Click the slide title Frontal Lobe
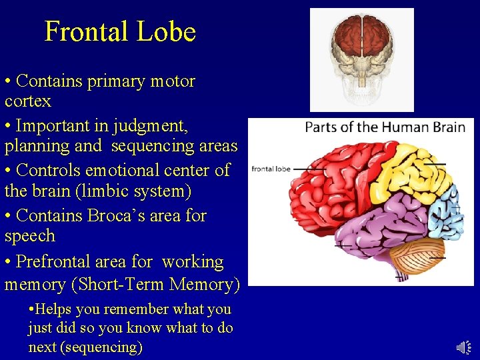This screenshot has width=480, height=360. coord(120,32)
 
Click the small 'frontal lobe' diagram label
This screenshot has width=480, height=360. coord(271,169)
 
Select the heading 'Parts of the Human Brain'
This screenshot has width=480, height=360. coord(385,127)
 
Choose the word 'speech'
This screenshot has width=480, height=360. coord(30,236)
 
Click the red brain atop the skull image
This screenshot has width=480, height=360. coord(361,37)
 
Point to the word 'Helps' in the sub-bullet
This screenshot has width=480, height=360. coord(54,309)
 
